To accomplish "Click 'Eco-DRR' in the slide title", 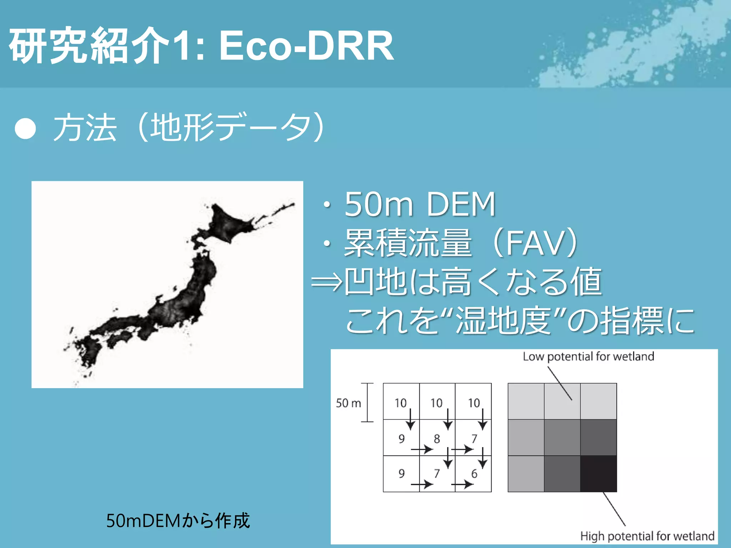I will [x=306, y=46].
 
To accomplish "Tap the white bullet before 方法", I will [x=25, y=128].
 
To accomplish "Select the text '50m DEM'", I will [x=420, y=204].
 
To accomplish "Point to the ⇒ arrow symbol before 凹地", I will [x=326, y=282].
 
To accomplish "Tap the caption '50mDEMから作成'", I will [x=178, y=521].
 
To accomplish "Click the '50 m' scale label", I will [x=348, y=403].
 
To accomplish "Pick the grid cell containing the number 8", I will [x=437, y=438].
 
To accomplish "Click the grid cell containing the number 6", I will [x=473, y=474].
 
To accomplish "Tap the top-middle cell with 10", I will [x=437, y=401].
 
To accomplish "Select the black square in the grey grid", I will [x=599, y=474].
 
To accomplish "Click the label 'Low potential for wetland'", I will [x=588, y=356].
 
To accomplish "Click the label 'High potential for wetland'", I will [x=647, y=536].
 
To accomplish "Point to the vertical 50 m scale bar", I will [x=367, y=402].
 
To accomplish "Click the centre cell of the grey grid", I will [x=562, y=438].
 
